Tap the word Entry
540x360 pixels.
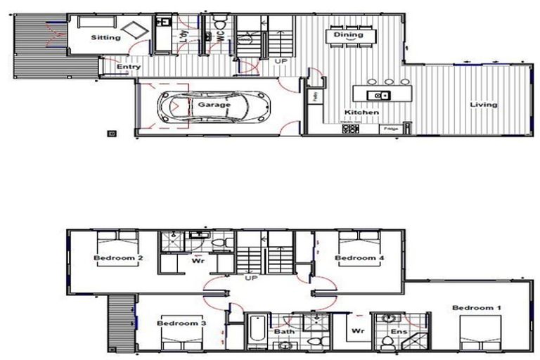pos(129,67)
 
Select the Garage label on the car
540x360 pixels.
pos(213,105)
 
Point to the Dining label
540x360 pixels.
pos(348,34)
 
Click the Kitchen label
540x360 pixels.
pos(361,112)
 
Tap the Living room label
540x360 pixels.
pos(484,105)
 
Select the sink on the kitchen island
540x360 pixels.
pos(380,94)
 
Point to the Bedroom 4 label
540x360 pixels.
pos(359,258)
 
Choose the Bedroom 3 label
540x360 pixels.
pos(181,323)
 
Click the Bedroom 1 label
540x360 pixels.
pos(477,308)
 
